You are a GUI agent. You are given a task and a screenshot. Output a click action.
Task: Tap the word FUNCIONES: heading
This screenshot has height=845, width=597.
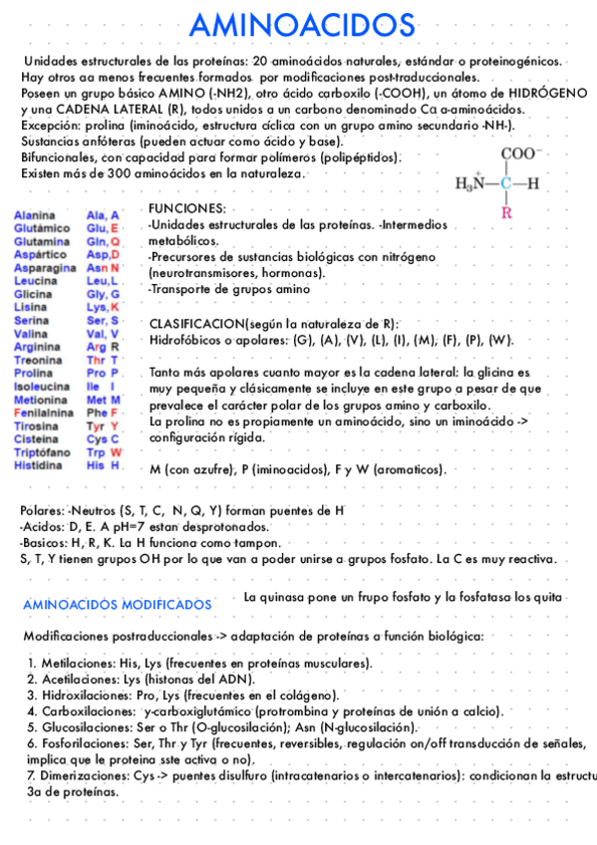[x=186, y=208]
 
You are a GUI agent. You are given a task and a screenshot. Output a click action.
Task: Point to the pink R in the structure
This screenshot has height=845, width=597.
[x=506, y=211]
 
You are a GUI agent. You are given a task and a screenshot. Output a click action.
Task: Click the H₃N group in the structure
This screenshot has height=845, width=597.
[x=474, y=183]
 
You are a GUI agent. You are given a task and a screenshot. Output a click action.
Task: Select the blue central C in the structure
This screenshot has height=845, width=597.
[x=506, y=183]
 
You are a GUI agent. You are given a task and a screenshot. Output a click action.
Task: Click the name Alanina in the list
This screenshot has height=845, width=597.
[x=34, y=215]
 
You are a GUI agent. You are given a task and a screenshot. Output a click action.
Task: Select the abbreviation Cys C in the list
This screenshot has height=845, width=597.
[x=103, y=439]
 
